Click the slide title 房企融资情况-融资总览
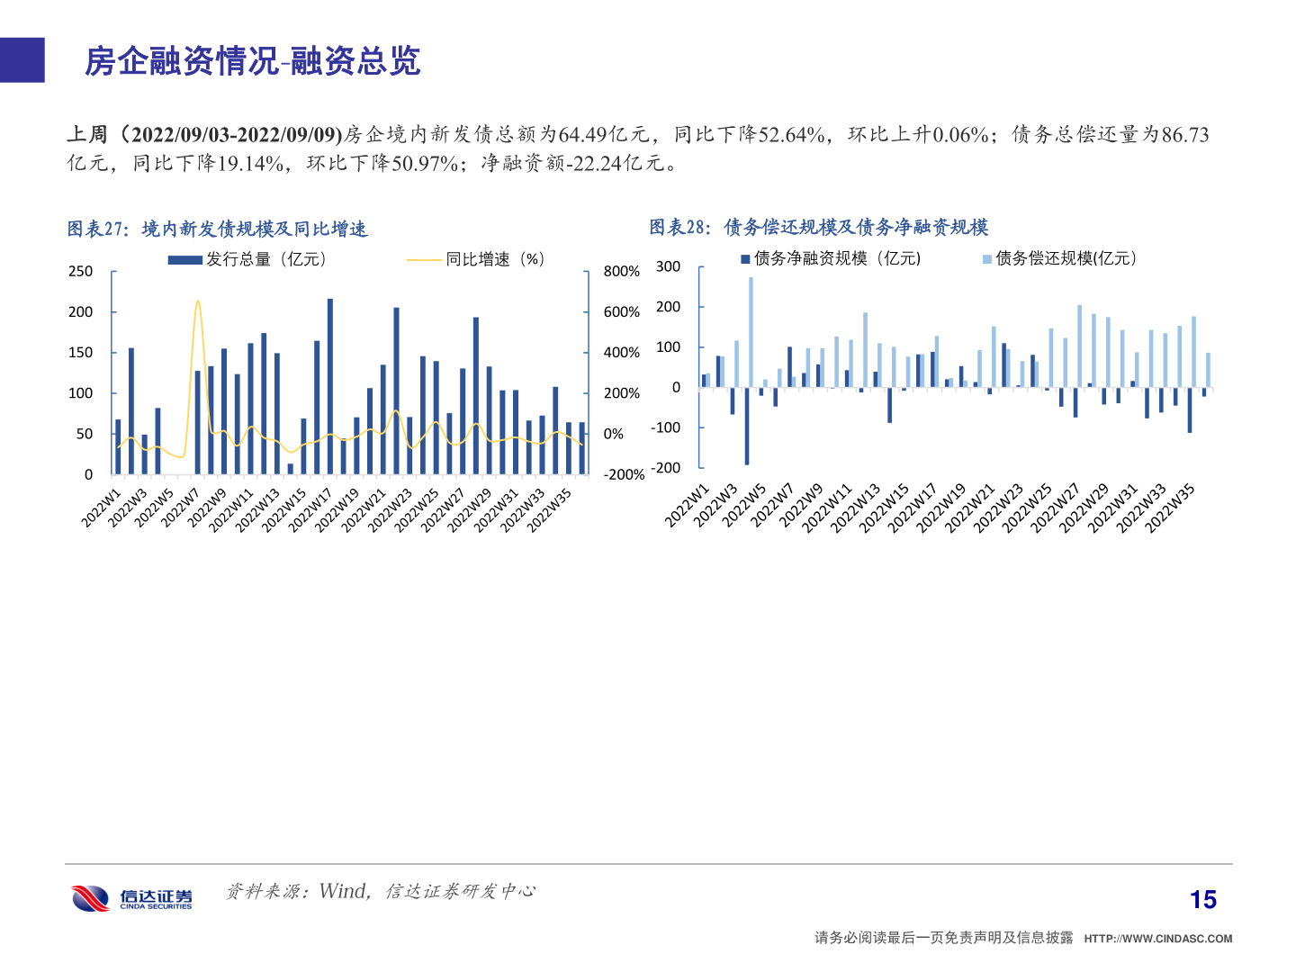pos(253,61)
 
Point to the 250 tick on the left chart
pos(81,271)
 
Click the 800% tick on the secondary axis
pos(621,271)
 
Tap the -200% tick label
pos(624,474)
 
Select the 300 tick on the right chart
pos(668,266)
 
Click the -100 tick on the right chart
pos(666,427)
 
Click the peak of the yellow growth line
pos(198,301)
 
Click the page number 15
pos(1202,899)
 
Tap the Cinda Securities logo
pos(131,898)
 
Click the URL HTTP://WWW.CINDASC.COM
pos(1157,939)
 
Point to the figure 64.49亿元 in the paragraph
pos(603,135)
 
